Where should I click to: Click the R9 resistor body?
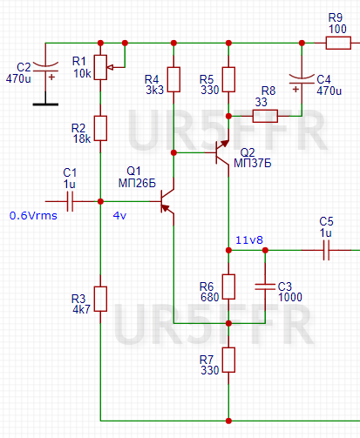(x=335, y=43)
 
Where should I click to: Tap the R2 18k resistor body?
(x=101, y=128)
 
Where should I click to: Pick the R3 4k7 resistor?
(x=101, y=298)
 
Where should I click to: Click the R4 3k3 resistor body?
(x=173, y=80)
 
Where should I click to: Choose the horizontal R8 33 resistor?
(x=266, y=116)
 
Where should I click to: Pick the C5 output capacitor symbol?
(x=327, y=250)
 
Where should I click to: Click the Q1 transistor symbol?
(x=168, y=202)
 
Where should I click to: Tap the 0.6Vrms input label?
(x=33, y=216)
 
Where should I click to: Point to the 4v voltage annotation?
(x=119, y=216)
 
